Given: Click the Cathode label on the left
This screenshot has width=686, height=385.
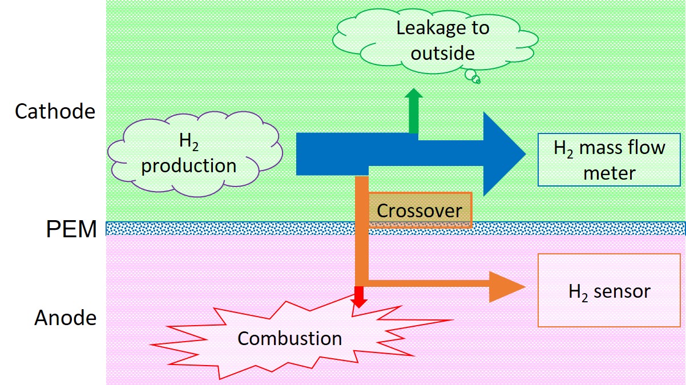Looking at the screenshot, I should [x=55, y=111].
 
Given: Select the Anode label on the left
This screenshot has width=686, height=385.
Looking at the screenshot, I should [x=65, y=318].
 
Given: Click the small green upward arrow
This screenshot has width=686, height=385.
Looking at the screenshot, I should [x=414, y=111].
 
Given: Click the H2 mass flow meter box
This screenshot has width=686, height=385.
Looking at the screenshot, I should [x=609, y=160].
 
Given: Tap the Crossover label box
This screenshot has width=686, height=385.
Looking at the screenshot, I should [x=419, y=210].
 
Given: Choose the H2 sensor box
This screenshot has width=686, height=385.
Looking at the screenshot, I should [x=609, y=291].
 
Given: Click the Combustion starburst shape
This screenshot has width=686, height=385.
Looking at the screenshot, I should [x=289, y=339].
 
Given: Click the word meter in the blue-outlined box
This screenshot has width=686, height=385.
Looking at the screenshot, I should [x=609, y=172].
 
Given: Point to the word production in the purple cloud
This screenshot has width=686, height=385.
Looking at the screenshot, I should [x=189, y=165].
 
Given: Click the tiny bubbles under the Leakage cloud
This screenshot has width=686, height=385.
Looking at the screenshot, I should [x=472, y=76].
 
